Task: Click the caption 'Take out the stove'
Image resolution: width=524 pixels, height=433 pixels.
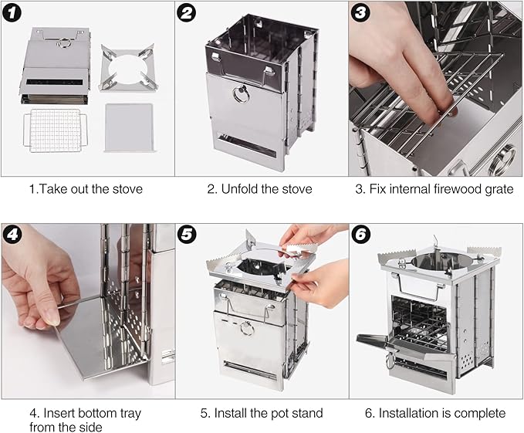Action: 86,189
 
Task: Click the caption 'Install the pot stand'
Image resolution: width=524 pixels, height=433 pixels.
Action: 261,413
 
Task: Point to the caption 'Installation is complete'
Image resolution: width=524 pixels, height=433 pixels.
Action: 436,413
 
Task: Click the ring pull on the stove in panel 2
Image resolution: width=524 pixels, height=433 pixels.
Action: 242,96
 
